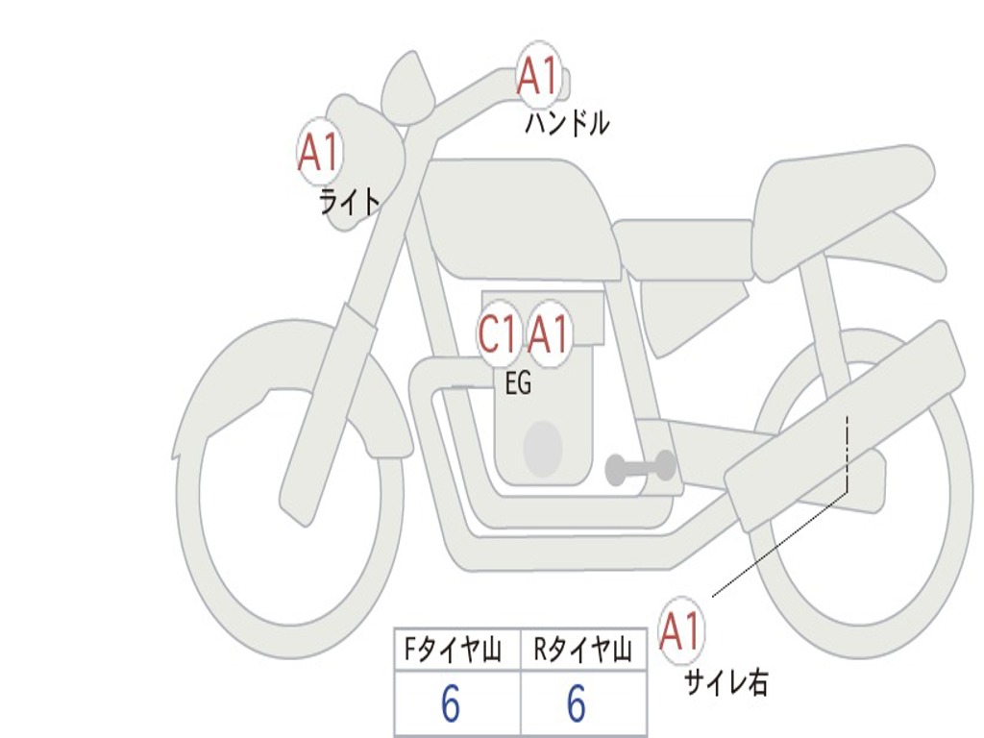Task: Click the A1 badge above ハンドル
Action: click(x=537, y=75)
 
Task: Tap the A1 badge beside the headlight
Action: click(x=319, y=152)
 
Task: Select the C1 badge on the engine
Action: click(x=499, y=335)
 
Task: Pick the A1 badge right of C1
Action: click(x=549, y=335)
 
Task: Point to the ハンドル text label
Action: click(x=567, y=123)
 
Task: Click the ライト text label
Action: click(x=350, y=202)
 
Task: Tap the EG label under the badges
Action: click(x=518, y=384)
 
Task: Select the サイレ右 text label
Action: click(x=726, y=683)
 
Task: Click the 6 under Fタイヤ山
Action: click(x=450, y=705)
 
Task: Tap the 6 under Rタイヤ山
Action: click(x=576, y=705)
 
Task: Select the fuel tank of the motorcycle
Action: click(x=519, y=216)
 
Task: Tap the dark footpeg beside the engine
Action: click(x=640, y=467)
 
